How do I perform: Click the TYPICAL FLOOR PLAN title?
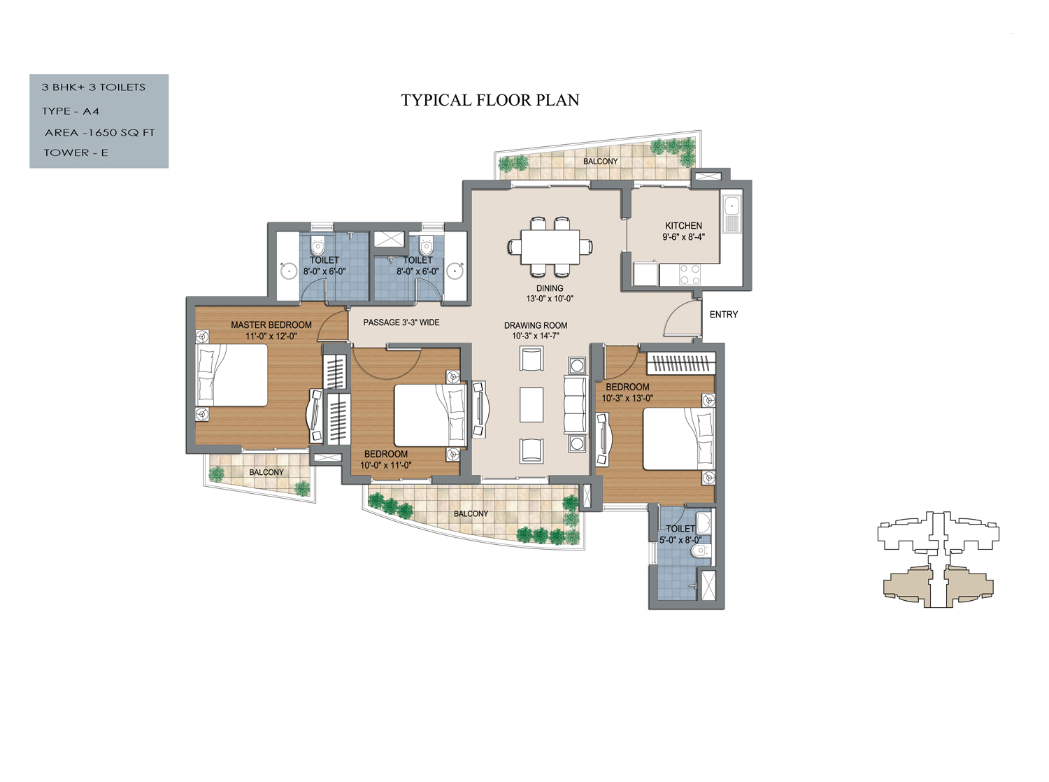point(490,100)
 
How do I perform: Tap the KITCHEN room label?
point(683,226)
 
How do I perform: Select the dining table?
point(550,247)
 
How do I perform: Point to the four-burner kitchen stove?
point(689,274)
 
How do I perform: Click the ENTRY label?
point(724,315)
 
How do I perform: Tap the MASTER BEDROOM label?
point(271,325)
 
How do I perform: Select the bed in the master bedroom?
point(231,375)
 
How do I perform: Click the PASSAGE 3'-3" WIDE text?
point(401,322)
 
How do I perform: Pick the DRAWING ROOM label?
point(536,325)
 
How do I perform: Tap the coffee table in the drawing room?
point(531,405)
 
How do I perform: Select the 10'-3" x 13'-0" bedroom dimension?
point(627,398)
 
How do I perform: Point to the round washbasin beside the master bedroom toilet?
point(289,271)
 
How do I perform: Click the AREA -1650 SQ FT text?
point(99,133)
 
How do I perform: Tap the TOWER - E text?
point(76,153)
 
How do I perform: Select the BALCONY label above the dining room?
point(600,162)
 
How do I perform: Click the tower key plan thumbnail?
point(938,560)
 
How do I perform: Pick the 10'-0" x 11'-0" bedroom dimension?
point(385,465)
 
